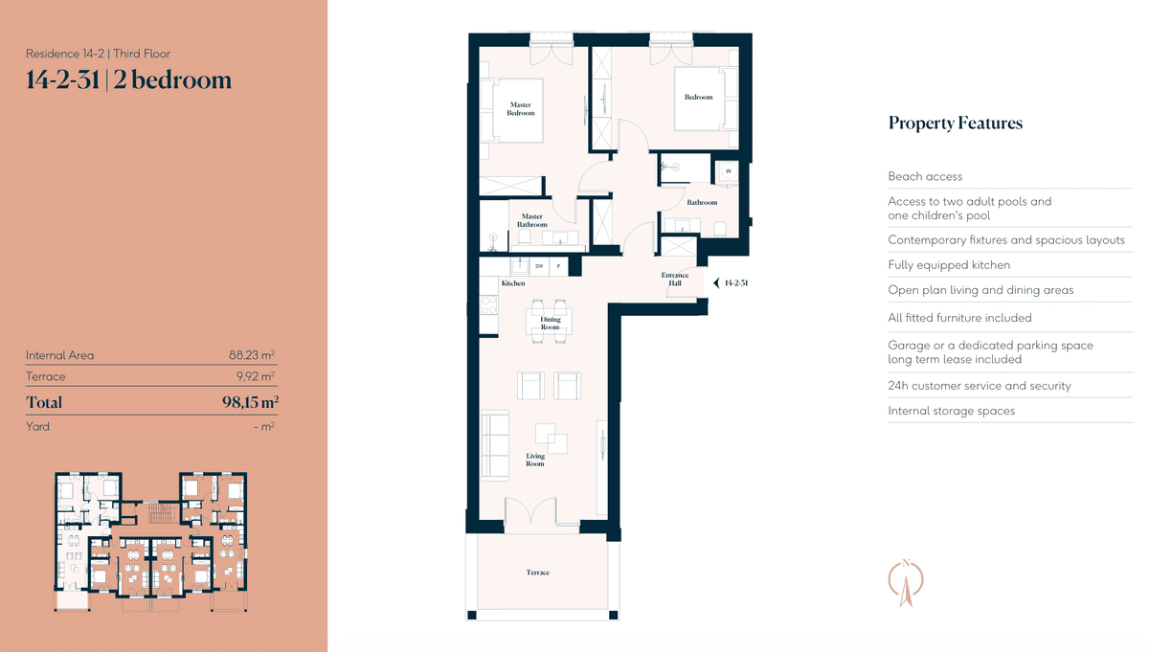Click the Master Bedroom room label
pos(521,109)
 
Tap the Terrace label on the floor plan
pos(537,573)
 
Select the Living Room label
pos(535,460)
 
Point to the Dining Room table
pos(549,322)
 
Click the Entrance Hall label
pos(674,279)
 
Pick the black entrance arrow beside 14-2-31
pos(716,283)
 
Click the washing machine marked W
pos(728,171)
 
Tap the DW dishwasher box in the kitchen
pos(539,266)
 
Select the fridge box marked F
pos(558,266)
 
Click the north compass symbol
pos(906,582)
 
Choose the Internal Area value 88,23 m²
pos(252,355)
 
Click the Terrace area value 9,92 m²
pos(256,376)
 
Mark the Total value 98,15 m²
pos(250,402)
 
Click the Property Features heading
pos(956,124)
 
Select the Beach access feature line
pos(925,176)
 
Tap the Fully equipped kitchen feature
pos(949,265)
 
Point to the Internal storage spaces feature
pos(952,411)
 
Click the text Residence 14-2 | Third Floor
pos(98,54)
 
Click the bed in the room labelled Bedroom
pos(706,99)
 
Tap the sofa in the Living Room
pos(495,445)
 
